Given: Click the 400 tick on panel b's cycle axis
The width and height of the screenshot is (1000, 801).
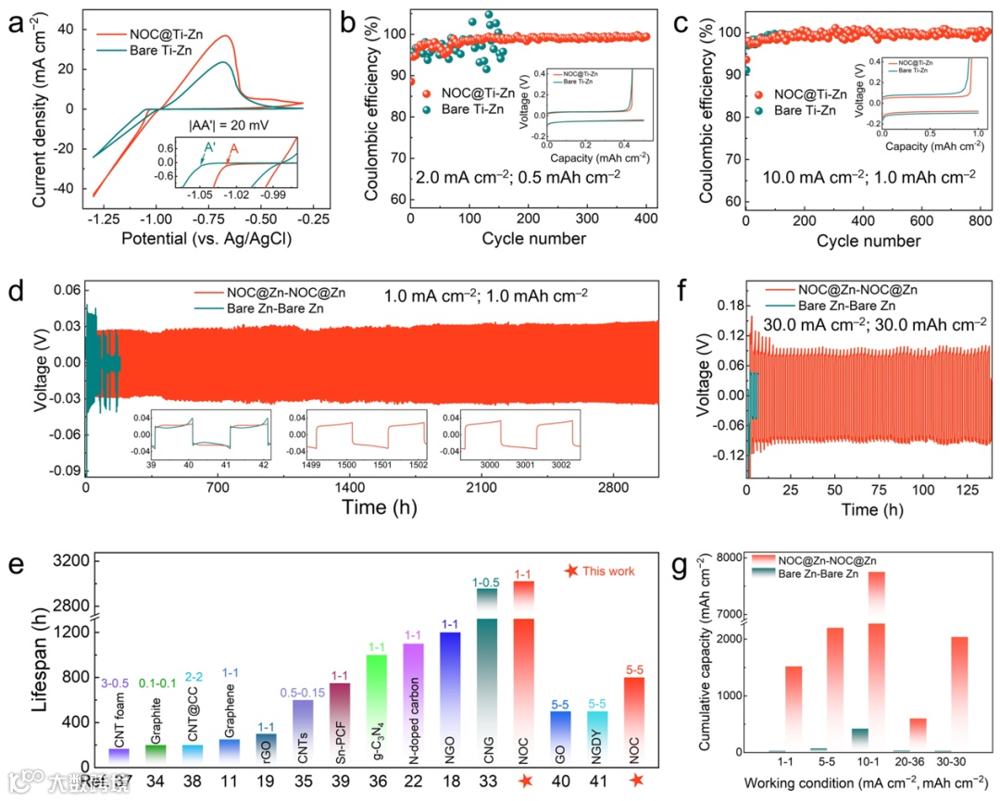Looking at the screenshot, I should tap(645, 218).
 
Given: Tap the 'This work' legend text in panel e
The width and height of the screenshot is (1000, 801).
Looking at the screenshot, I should tap(608, 570).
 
